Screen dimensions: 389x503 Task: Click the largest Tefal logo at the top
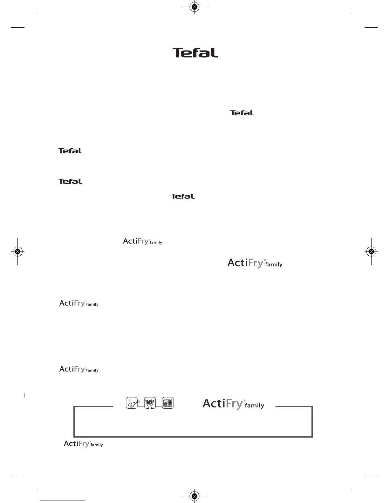pos(195,53)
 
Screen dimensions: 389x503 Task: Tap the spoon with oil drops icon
pos(132,403)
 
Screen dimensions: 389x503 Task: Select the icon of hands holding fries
pos(150,403)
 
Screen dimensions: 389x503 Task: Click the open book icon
pos(168,403)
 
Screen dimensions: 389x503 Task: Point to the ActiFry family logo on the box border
pos(233,404)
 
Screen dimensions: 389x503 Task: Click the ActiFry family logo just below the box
pos(83,444)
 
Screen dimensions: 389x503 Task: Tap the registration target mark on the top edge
pos(194,7)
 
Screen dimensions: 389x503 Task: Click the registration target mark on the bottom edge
pos(194,496)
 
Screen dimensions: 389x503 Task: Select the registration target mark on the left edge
pos(18,251)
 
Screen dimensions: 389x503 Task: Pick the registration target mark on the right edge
pos(371,251)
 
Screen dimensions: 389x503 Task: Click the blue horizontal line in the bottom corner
pos(64,500)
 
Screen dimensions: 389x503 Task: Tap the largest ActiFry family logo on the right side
pos(255,263)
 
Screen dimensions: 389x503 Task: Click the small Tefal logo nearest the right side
pos(242,113)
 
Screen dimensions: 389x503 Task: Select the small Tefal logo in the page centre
pos(182,196)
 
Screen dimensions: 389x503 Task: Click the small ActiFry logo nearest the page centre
pos(142,241)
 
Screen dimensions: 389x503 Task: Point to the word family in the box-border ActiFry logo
pos(254,406)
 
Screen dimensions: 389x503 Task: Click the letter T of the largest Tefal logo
pos(177,53)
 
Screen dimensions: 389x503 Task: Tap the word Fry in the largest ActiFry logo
pos(254,263)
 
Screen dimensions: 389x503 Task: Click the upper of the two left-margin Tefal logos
pos(70,151)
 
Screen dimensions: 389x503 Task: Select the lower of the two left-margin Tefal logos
pos(70,181)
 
